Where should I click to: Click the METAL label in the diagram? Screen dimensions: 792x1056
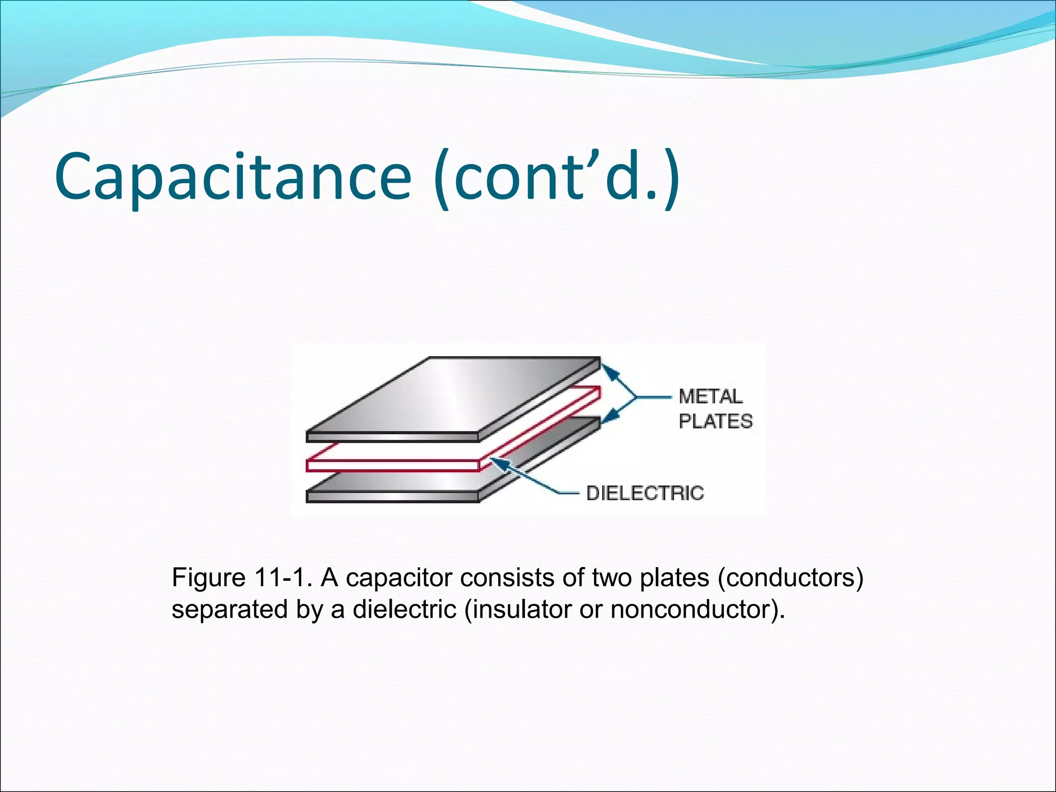711,397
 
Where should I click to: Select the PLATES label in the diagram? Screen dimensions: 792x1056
715,421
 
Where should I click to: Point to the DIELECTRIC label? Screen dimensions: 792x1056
645,493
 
